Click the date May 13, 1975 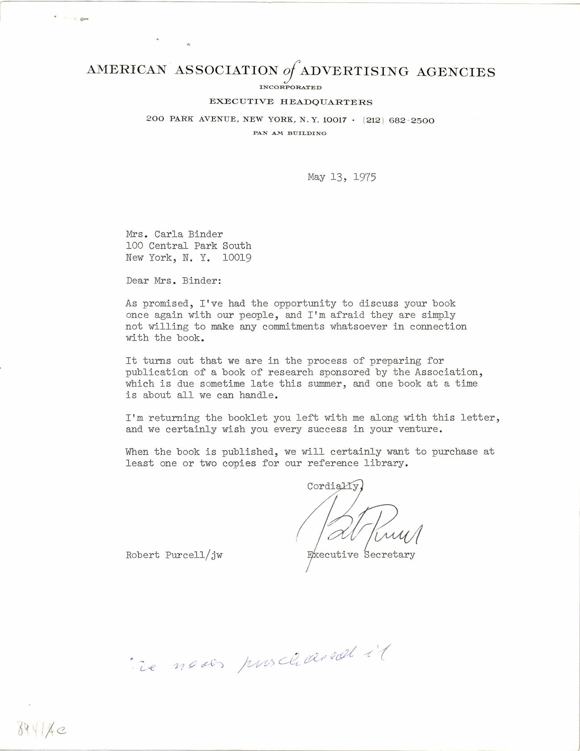[x=342, y=177]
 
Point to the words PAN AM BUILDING [x=289, y=133]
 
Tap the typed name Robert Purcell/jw [x=174, y=555]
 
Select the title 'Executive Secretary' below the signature [x=361, y=555]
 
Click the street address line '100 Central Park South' [x=188, y=246]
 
